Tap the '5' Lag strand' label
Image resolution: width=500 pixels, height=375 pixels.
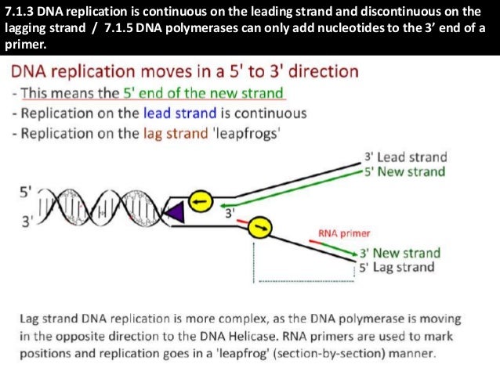[x=399, y=267]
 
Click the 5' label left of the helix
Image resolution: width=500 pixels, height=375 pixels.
[x=25, y=189]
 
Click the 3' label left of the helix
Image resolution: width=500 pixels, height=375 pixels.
[x=25, y=222]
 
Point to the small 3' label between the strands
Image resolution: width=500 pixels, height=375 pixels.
[x=230, y=212]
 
